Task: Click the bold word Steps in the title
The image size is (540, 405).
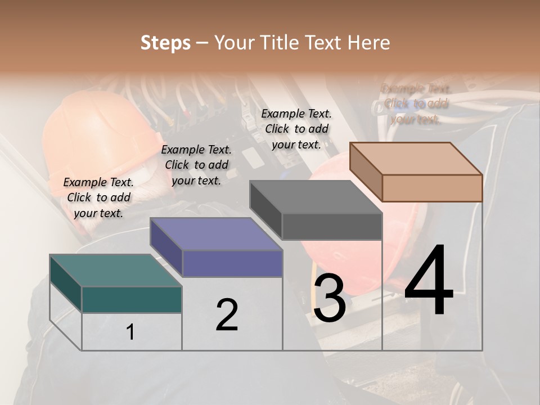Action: tap(165, 43)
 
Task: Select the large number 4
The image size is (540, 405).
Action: tap(429, 281)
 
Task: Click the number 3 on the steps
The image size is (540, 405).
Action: tap(329, 298)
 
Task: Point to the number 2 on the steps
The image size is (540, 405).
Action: tap(227, 315)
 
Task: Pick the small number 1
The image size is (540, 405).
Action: tap(130, 332)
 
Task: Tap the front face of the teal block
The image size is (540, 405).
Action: tap(132, 299)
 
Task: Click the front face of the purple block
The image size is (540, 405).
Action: tap(232, 263)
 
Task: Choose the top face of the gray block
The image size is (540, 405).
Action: tap(315, 197)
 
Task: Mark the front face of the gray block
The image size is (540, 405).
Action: tap(332, 226)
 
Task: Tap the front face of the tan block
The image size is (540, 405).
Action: tap(432, 188)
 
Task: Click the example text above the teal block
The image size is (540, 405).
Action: tap(98, 197)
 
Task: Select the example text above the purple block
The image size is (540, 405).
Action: tap(196, 165)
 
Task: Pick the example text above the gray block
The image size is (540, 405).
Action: tap(296, 129)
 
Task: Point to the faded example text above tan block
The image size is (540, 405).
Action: tap(416, 104)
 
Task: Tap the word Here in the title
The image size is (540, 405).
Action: tap(368, 43)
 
